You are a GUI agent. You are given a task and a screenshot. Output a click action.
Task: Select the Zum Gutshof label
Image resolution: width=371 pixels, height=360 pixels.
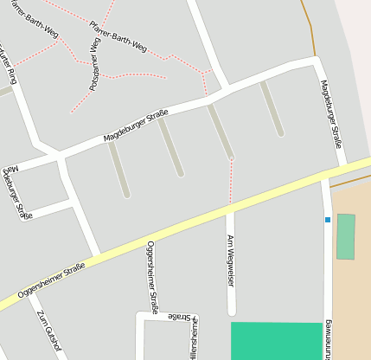[x=49, y=332]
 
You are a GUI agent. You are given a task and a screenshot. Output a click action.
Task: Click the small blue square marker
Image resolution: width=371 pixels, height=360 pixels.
[x=328, y=220]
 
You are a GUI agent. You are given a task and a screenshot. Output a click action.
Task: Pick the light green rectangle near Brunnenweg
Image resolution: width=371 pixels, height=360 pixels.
[x=346, y=236]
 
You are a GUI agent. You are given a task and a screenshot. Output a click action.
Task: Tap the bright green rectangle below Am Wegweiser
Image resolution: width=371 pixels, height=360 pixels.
[x=276, y=340]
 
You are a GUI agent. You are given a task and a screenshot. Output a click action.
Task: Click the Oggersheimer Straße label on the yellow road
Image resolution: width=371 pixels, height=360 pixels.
[x=52, y=280]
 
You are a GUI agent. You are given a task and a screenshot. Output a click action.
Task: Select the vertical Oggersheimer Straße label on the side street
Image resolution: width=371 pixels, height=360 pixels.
[x=152, y=277]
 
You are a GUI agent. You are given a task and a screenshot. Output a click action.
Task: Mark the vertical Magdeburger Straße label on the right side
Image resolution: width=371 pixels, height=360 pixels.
[x=331, y=113]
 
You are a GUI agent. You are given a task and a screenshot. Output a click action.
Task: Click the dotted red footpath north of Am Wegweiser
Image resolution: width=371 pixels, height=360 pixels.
[x=231, y=182]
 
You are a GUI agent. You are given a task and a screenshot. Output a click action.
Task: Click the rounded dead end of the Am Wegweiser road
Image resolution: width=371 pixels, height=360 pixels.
[x=231, y=310]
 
